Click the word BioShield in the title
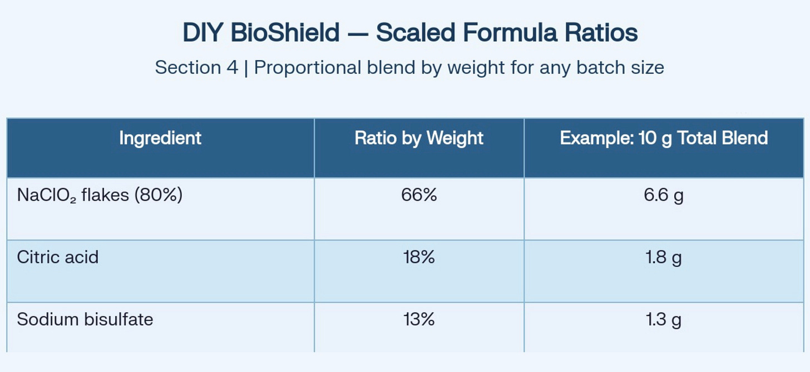(x=285, y=33)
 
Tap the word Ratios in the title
(x=601, y=33)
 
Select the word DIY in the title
(x=202, y=33)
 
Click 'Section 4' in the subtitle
(x=196, y=68)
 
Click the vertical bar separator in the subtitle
(x=246, y=68)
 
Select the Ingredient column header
(x=160, y=138)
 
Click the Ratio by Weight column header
(x=419, y=138)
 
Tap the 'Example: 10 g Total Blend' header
(x=664, y=138)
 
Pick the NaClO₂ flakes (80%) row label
(x=100, y=195)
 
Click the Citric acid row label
(x=57, y=257)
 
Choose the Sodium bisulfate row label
(x=85, y=319)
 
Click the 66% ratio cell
(x=419, y=195)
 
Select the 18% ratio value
(x=419, y=257)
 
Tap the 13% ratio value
(x=419, y=319)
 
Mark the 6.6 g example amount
(x=664, y=196)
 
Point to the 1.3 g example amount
(x=664, y=320)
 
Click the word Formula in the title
(x=510, y=33)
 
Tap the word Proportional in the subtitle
(x=307, y=68)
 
